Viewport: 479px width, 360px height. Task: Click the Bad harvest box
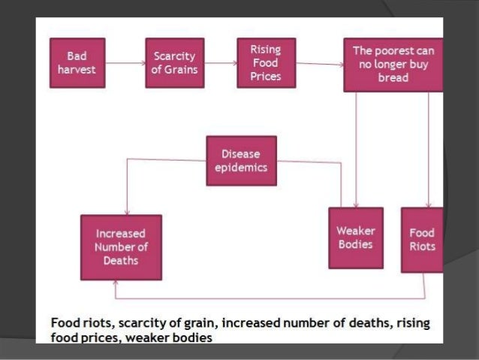pyautogui.click(x=77, y=64)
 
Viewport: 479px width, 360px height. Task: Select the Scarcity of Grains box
pyautogui.click(x=173, y=64)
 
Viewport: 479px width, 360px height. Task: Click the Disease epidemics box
pyautogui.click(x=240, y=160)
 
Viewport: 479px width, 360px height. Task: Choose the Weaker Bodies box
pyautogui.click(x=356, y=237)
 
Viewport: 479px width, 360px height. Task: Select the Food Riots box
pyautogui.click(x=422, y=239)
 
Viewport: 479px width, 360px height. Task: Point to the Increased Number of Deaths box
pyautogui.click(x=122, y=247)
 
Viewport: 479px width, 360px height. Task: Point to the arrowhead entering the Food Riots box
pyautogui.click(x=428, y=204)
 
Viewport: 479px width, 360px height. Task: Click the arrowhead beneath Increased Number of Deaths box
pyautogui.click(x=115, y=284)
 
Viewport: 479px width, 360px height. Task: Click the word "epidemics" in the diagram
pyautogui.click(x=240, y=168)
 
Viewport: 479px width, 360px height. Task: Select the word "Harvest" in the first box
pyautogui.click(x=77, y=71)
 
